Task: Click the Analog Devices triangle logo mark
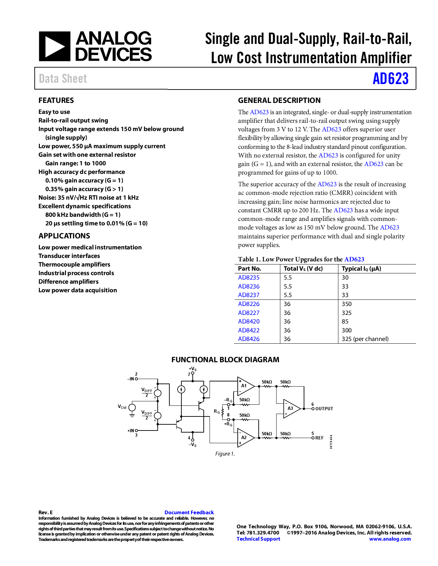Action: (x=54, y=47)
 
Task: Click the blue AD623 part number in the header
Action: (x=391, y=79)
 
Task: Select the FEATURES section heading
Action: (x=56, y=101)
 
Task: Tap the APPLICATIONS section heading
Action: (x=64, y=236)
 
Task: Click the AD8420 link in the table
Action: (x=249, y=321)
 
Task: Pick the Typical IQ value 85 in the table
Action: (x=345, y=321)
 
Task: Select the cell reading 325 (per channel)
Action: (x=365, y=339)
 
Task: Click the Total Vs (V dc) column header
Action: (x=303, y=269)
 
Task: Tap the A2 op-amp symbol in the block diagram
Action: (x=245, y=437)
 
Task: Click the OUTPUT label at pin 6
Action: (x=324, y=409)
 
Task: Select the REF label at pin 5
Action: (x=319, y=438)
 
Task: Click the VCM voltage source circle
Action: (x=132, y=408)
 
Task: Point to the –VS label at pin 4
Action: (x=193, y=445)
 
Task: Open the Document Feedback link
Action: (x=189, y=512)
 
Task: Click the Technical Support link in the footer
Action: (x=258, y=539)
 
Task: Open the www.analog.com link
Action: (x=390, y=539)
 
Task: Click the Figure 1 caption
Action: (x=225, y=454)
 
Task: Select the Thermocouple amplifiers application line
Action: (x=74, y=264)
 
